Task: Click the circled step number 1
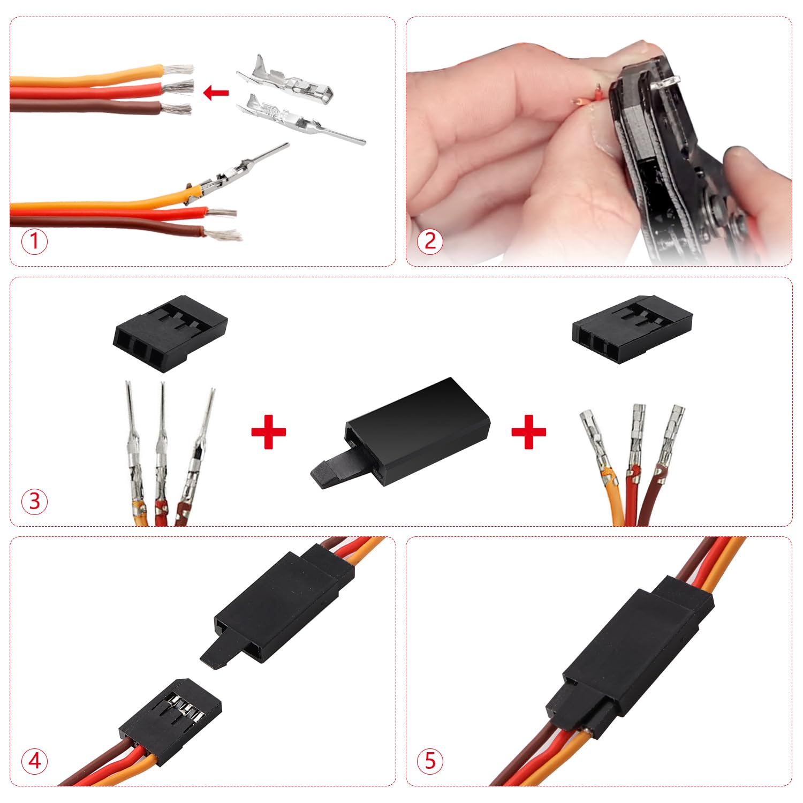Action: click(x=34, y=241)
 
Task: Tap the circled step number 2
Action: click(x=430, y=241)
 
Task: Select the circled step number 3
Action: click(x=34, y=502)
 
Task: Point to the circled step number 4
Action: click(x=34, y=761)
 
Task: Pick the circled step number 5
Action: click(x=430, y=761)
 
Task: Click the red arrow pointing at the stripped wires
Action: click(x=216, y=93)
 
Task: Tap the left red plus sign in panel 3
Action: click(x=268, y=431)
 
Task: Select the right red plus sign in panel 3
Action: click(x=528, y=431)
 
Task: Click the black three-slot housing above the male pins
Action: click(x=170, y=332)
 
